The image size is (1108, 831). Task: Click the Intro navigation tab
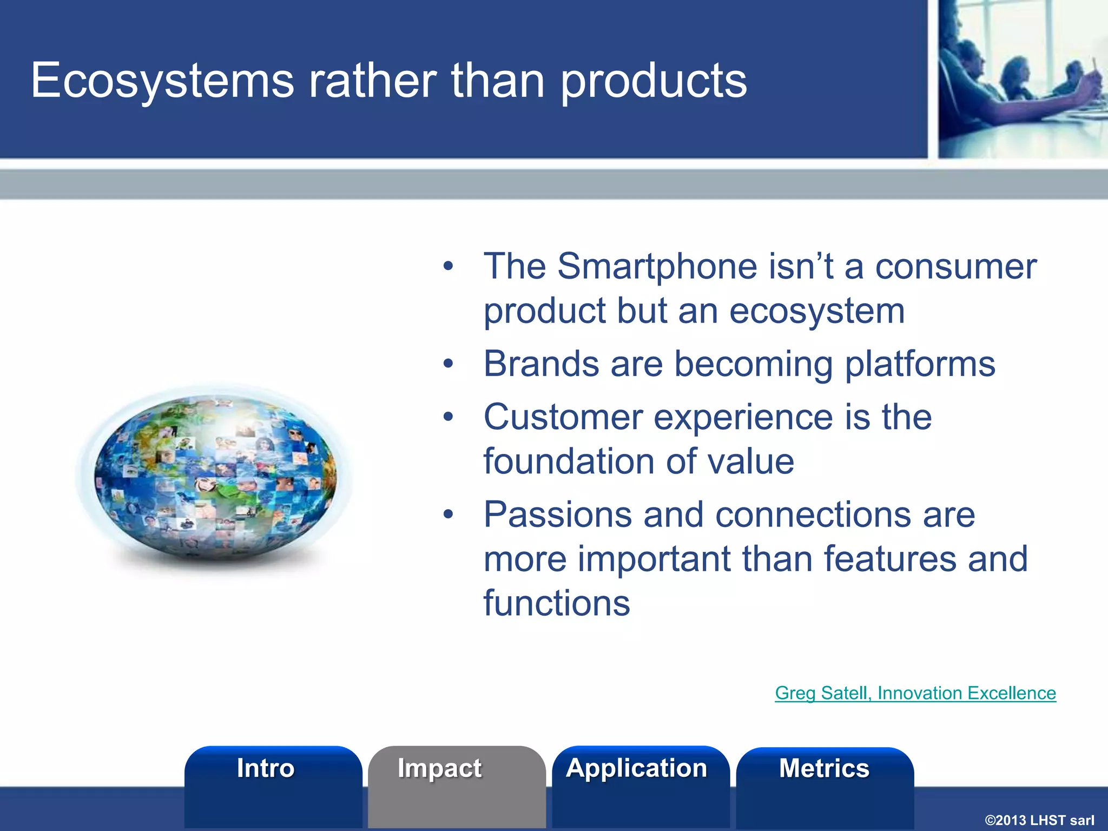coord(266,769)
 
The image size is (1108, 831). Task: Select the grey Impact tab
coord(439,769)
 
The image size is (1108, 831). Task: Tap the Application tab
coord(637,769)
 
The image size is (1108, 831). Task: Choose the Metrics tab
coord(824,769)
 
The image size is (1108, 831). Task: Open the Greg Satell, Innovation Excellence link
coord(915,693)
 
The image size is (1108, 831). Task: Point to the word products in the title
coord(654,81)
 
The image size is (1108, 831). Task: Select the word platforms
coord(920,364)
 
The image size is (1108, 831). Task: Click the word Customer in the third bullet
coord(563,417)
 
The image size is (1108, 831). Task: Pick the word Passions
coord(558,515)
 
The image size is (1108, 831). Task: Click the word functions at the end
coord(557,603)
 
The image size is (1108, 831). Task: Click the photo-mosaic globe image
coord(215,476)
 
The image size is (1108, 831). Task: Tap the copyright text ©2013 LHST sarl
coord(1039,820)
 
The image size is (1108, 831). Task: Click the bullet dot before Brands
coord(448,364)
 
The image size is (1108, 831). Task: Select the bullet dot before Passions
coord(448,515)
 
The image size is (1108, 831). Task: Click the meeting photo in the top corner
coord(1023,79)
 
